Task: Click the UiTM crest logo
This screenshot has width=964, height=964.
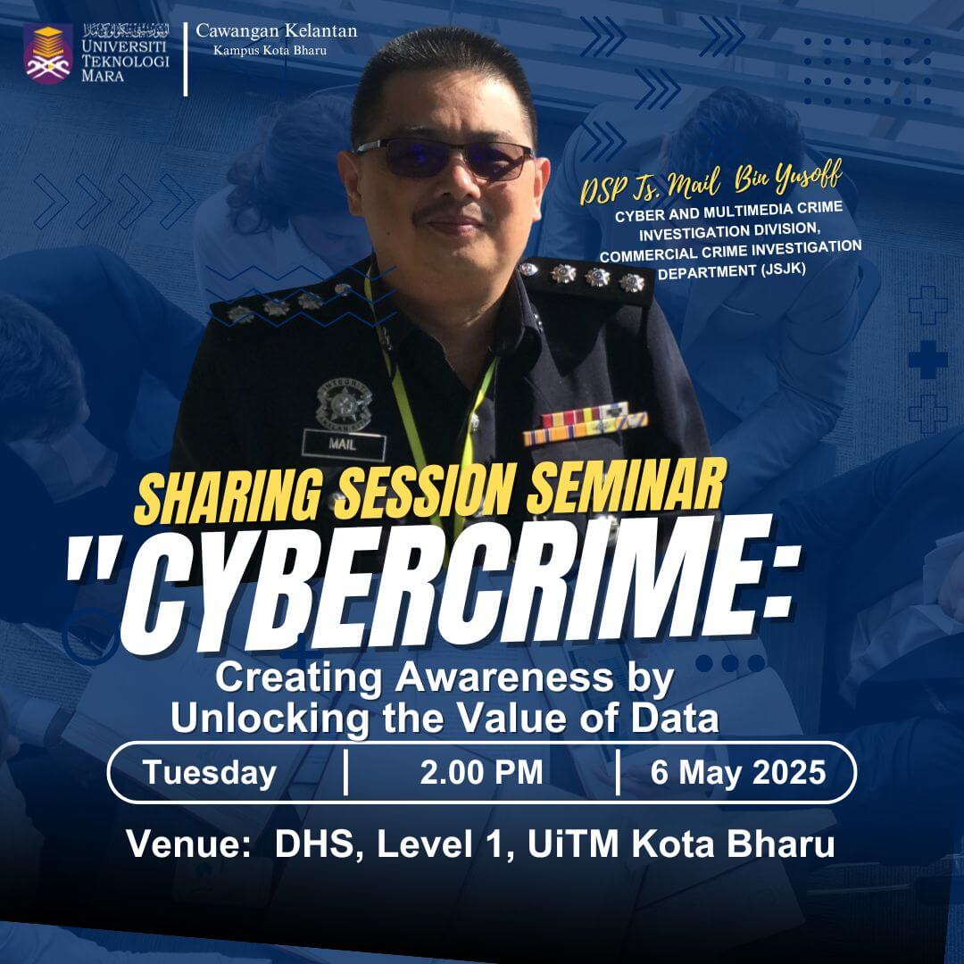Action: [48, 54]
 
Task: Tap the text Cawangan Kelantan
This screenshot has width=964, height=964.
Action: [276, 30]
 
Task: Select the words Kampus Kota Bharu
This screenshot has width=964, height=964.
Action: [270, 50]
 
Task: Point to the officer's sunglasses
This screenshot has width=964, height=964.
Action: [443, 157]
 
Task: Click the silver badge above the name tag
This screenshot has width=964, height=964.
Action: [344, 403]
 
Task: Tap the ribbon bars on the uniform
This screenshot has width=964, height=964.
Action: [585, 424]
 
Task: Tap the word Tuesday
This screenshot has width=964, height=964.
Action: [210, 773]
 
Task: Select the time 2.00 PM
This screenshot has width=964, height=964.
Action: [481, 772]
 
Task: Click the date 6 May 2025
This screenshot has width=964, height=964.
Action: [738, 773]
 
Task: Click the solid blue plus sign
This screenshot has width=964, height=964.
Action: [927, 359]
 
